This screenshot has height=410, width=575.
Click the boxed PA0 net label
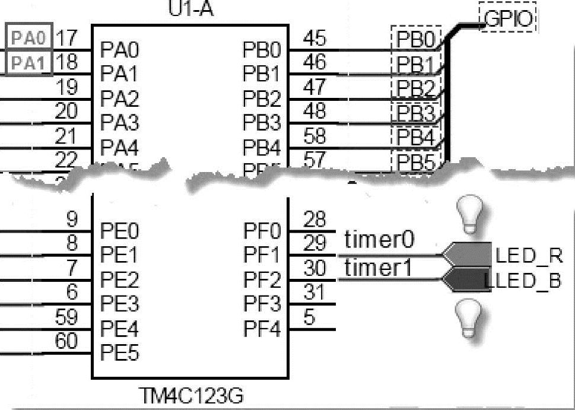point(29,38)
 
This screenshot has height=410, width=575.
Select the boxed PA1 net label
point(29,63)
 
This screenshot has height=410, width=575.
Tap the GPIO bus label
point(507,20)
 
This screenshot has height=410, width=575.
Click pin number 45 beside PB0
point(314,38)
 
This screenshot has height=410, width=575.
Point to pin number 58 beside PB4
point(314,136)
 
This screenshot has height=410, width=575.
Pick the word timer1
point(378,268)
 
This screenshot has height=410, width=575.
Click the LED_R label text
point(528,256)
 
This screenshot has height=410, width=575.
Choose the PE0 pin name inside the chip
point(119,230)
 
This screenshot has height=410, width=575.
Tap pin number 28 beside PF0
point(314,220)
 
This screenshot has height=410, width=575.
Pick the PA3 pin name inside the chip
point(119,123)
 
